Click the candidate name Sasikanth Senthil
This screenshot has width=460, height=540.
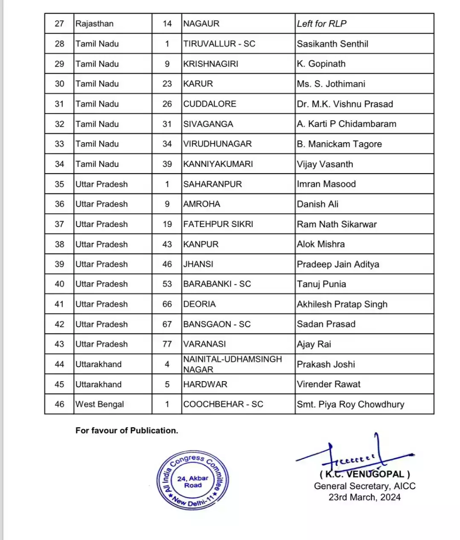[x=332, y=44]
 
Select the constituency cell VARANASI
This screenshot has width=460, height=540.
[x=204, y=344]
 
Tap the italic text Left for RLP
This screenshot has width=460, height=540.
[x=322, y=24]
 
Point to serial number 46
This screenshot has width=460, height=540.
[x=59, y=404]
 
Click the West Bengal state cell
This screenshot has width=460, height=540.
[x=99, y=404]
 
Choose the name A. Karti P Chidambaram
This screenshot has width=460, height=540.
[x=346, y=124]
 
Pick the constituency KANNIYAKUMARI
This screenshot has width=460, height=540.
[x=218, y=164]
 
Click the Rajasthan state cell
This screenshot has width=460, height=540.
[x=94, y=24]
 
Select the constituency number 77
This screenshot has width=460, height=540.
[x=167, y=344]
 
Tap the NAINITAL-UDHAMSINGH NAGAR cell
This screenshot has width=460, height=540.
[x=233, y=364]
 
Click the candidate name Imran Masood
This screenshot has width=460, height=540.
[x=326, y=184]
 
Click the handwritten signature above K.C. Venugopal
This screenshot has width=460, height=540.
[x=354, y=455]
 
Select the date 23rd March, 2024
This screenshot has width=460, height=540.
[x=364, y=497]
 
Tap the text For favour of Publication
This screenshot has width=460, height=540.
[x=127, y=431]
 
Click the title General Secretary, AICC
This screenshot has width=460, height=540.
[x=364, y=486]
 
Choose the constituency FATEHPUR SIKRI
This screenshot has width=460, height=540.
[x=218, y=224]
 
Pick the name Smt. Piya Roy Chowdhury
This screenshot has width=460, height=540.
[x=350, y=404]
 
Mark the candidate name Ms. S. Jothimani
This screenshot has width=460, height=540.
[x=331, y=84]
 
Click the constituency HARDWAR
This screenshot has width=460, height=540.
[x=205, y=384]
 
